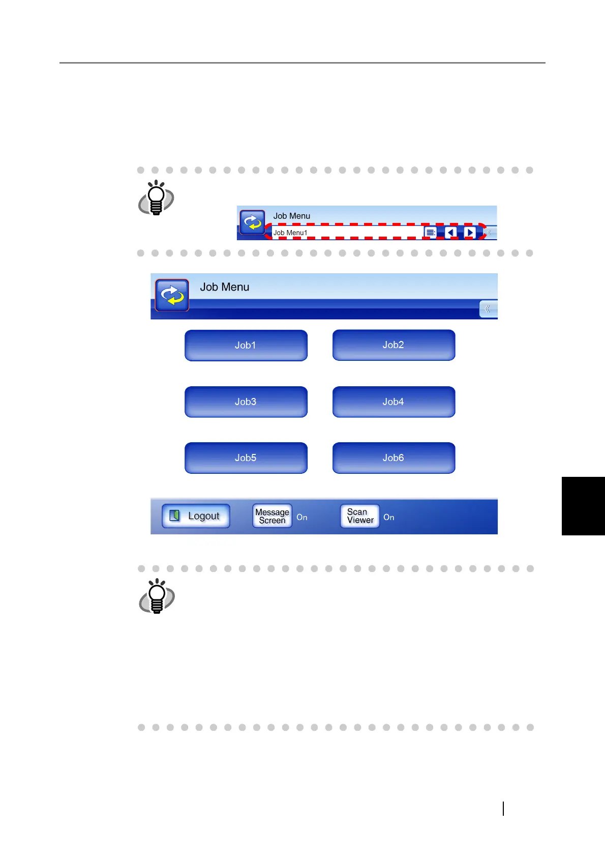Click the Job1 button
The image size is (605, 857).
[x=246, y=346]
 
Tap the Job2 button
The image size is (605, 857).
[x=394, y=345]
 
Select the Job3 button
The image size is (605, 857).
[x=246, y=402]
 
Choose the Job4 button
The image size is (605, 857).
[x=394, y=402]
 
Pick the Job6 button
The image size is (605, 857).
[x=394, y=458]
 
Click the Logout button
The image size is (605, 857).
[x=196, y=516]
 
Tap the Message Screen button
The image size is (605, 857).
[x=272, y=516]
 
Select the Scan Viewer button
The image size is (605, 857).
[x=360, y=516]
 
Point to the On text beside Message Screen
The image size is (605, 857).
[x=302, y=518]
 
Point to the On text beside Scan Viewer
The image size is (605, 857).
[x=389, y=518]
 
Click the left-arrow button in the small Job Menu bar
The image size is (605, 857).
[x=450, y=233]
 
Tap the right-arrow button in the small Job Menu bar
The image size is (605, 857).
[x=470, y=233]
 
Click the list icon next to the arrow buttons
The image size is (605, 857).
[x=430, y=233]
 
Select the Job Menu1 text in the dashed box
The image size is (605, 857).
[x=290, y=233]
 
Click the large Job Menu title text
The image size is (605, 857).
[x=225, y=287]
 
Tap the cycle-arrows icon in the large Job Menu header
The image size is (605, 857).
[x=172, y=295]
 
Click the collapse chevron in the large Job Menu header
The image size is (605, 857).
[x=488, y=309]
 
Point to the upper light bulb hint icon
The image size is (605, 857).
[x=156, y=197]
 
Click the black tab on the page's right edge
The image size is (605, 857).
[x=583, y=506]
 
